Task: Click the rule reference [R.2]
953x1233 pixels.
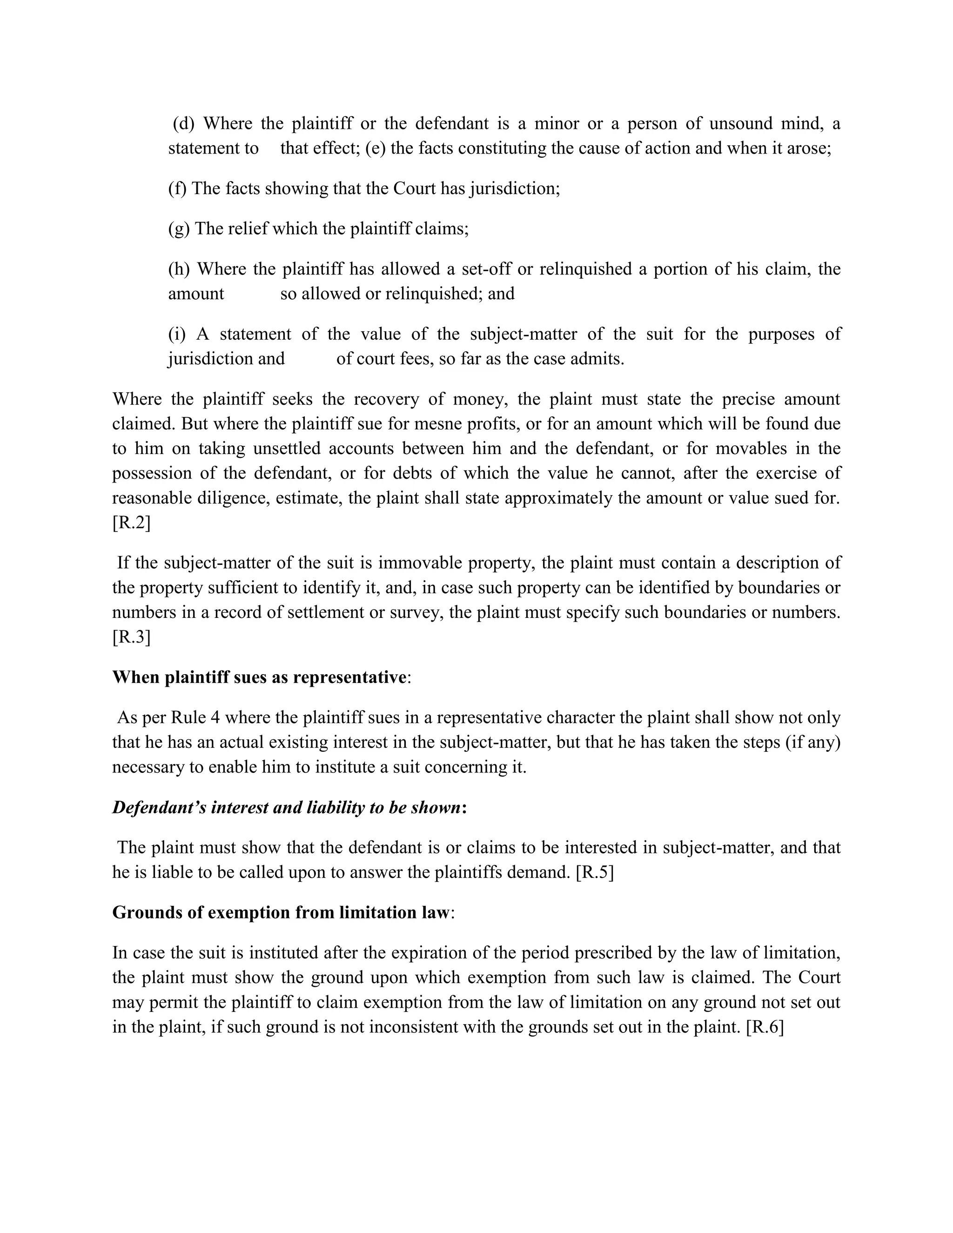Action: point(131,523)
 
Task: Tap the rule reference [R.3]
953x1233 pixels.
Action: point(131,637)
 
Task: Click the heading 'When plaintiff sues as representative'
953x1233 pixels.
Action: point(259,677)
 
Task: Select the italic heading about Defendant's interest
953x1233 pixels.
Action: point(287,807)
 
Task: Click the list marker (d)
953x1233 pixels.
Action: point(183,124)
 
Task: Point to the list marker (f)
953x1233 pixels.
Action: point(177,188)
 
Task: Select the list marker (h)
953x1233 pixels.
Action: point(180,269)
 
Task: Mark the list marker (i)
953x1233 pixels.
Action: point(177,334)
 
